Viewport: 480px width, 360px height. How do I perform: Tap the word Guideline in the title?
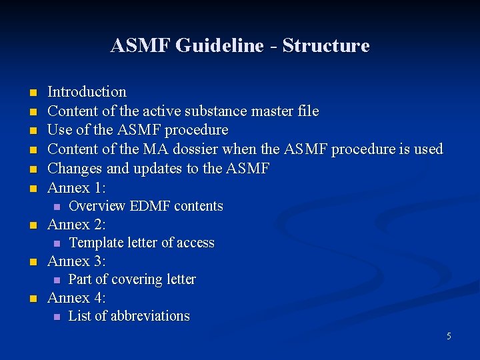click(x=216, y=46)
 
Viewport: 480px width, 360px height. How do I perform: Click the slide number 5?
click(x=449, y=336)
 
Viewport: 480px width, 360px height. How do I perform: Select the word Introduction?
click(x=87, y=92)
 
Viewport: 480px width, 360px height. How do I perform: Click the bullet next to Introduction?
click(x=31, y=93)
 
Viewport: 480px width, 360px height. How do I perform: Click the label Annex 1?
click(x=77, y=187)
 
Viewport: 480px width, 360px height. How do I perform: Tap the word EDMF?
click(x=150, y=206)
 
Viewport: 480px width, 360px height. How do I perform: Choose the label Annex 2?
click(x=77, y=224)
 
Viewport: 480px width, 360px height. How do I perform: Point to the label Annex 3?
click(x=77, y=261)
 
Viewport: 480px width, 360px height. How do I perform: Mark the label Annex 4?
click(x=77, y=297)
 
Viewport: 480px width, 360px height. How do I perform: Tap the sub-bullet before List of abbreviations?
click(x=57, y=317)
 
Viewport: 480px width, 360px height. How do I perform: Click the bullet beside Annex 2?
click(x=31, y=225)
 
